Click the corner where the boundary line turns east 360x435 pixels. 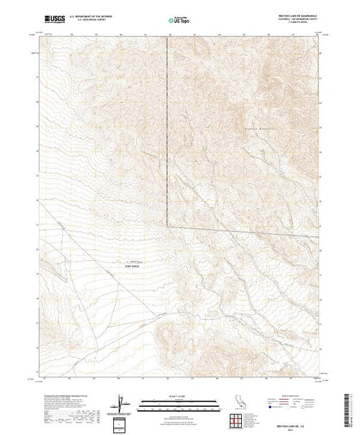[167, 225]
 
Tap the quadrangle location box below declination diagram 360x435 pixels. [120, 421]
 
